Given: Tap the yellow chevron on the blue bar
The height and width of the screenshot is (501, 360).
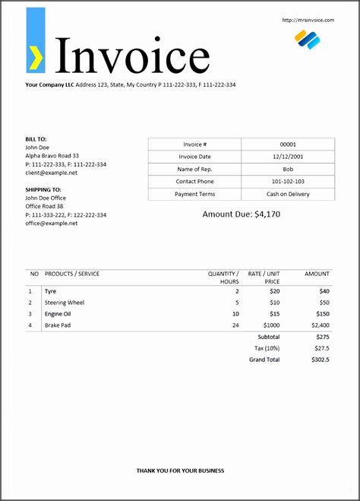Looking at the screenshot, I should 36,55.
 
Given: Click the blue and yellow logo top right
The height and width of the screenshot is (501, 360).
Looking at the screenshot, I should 308,40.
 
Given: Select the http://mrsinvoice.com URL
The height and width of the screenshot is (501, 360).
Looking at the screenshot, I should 308,20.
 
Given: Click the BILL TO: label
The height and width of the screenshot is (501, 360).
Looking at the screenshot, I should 36,139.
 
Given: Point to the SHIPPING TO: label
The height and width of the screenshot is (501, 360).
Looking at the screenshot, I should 43,189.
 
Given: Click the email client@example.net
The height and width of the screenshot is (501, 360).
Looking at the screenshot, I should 52,173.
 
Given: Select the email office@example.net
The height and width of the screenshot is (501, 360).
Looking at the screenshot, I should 52,223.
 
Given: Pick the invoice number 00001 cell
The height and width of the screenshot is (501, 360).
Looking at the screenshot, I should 288,144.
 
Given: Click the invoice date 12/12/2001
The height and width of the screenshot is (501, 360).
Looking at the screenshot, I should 288,157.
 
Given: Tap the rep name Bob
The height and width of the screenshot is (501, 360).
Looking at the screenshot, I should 288,169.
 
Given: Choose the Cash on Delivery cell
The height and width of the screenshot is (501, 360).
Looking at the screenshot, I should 288,194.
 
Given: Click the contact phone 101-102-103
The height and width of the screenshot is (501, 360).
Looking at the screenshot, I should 288,182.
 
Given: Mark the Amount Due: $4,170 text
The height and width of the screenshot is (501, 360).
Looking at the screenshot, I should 241,214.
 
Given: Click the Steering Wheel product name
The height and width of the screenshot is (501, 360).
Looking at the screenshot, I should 65,302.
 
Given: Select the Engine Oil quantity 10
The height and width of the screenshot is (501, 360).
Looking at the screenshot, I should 235,313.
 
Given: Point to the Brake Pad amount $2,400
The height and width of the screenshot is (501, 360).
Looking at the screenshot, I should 319,325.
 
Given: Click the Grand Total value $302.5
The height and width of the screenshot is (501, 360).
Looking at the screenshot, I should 320,359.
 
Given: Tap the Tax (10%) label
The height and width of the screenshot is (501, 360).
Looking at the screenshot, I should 267,347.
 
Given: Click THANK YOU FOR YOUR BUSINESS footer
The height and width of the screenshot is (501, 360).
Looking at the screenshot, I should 180,471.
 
